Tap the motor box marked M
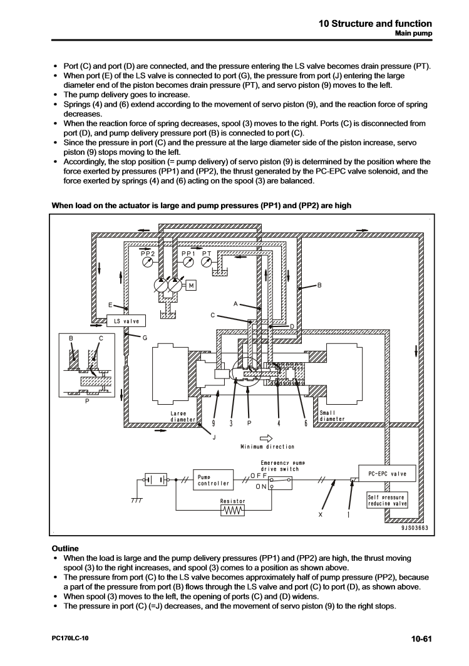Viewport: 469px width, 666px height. point(192,285)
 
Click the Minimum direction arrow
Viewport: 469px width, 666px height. point(267,438)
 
